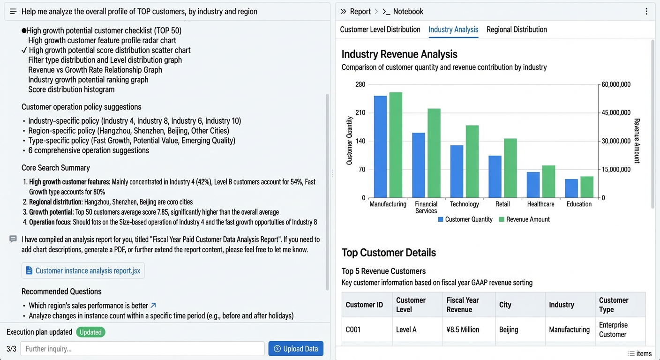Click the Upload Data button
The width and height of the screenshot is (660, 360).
296,349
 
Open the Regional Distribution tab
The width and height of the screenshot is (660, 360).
517,30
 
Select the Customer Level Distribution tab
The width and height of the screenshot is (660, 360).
380,30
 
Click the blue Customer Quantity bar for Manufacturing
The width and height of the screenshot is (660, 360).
380,147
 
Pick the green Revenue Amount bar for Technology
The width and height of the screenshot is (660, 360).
472,161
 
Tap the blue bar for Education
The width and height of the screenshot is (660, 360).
571,188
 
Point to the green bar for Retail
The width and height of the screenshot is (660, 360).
510,168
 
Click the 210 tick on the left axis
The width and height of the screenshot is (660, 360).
360,112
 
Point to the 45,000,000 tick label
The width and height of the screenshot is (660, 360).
616,112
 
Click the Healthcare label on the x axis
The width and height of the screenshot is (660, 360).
540,204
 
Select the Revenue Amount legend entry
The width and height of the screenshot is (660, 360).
525,219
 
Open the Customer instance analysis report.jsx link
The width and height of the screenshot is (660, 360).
83,270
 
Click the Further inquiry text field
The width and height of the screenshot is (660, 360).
142,349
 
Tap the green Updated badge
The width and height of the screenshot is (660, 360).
90,332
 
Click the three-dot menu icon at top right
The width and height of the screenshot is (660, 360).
646,12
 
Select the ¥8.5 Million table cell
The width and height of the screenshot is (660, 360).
463,330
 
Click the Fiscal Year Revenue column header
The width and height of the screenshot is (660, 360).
463,305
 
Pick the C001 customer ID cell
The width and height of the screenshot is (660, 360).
353,330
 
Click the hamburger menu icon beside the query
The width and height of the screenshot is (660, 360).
13,12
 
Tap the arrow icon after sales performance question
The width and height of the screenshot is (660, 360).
153,306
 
